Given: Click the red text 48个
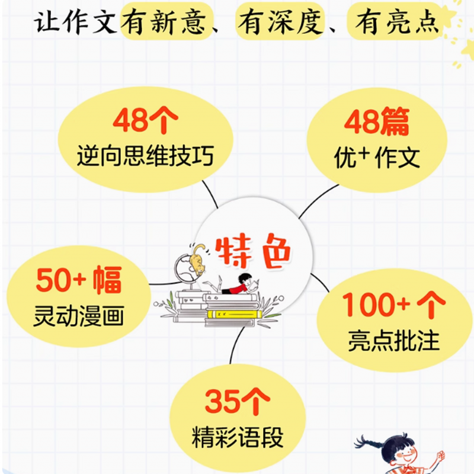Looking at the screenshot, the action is coord(145,121).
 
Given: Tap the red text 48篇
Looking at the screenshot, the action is coord(377,122).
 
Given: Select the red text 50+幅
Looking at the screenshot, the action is coord(79,280).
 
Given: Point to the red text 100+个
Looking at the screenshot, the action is coord(394,306).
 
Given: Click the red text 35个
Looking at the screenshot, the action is coord(238,402).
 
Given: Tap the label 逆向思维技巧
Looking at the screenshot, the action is coord(145,156).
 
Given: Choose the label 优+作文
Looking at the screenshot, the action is coord(377,157).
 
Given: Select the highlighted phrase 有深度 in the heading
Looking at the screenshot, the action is coord(280,22).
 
